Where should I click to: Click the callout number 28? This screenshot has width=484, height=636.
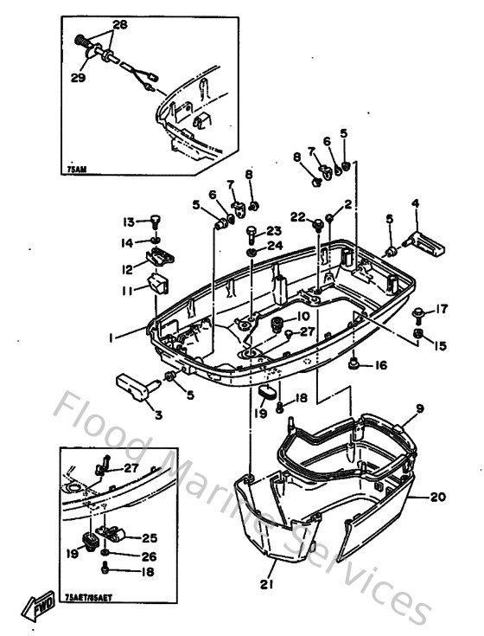118,26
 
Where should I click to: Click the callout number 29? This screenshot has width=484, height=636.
77,78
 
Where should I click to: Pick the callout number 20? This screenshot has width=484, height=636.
438,498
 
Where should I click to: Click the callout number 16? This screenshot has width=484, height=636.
380,367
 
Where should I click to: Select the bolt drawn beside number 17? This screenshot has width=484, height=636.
419,312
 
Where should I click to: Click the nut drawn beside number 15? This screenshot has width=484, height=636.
419,333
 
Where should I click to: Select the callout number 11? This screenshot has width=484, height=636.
127,292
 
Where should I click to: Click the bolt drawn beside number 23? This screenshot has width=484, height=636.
251,232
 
